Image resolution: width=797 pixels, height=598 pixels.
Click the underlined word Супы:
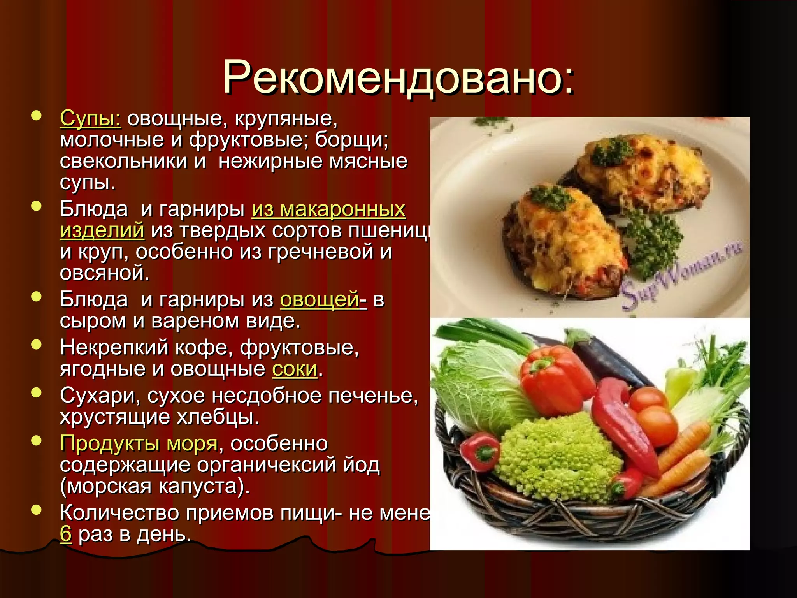90,118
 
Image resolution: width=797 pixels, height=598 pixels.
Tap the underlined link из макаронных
328,209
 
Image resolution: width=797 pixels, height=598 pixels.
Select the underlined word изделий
102,230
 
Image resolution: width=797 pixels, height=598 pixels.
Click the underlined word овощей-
323,300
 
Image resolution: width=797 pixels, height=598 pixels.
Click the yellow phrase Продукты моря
139,443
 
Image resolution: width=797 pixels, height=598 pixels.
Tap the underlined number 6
66,534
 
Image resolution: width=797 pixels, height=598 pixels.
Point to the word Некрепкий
114,347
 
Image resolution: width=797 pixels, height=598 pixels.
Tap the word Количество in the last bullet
119,513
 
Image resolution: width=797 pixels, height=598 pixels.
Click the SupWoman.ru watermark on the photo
681,274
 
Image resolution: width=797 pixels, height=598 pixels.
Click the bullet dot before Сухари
36,392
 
